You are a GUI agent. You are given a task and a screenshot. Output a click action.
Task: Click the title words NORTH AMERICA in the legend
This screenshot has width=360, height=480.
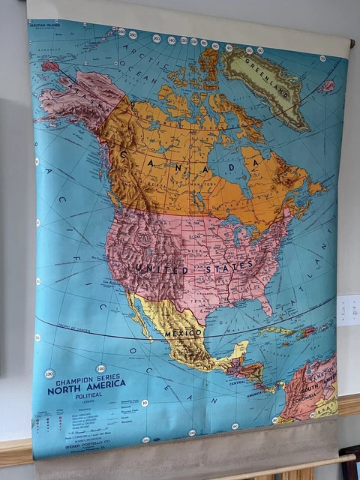tap(86, 389)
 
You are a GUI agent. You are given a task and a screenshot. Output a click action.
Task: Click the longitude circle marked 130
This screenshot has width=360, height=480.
tap(49, 373)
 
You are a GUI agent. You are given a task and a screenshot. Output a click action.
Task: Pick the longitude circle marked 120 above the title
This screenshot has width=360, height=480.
tap(100, 369)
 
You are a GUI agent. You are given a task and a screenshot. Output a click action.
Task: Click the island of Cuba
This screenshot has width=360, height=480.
tap(282, 331)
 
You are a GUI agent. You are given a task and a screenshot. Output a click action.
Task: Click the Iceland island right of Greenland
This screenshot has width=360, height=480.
tap(328, 86)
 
